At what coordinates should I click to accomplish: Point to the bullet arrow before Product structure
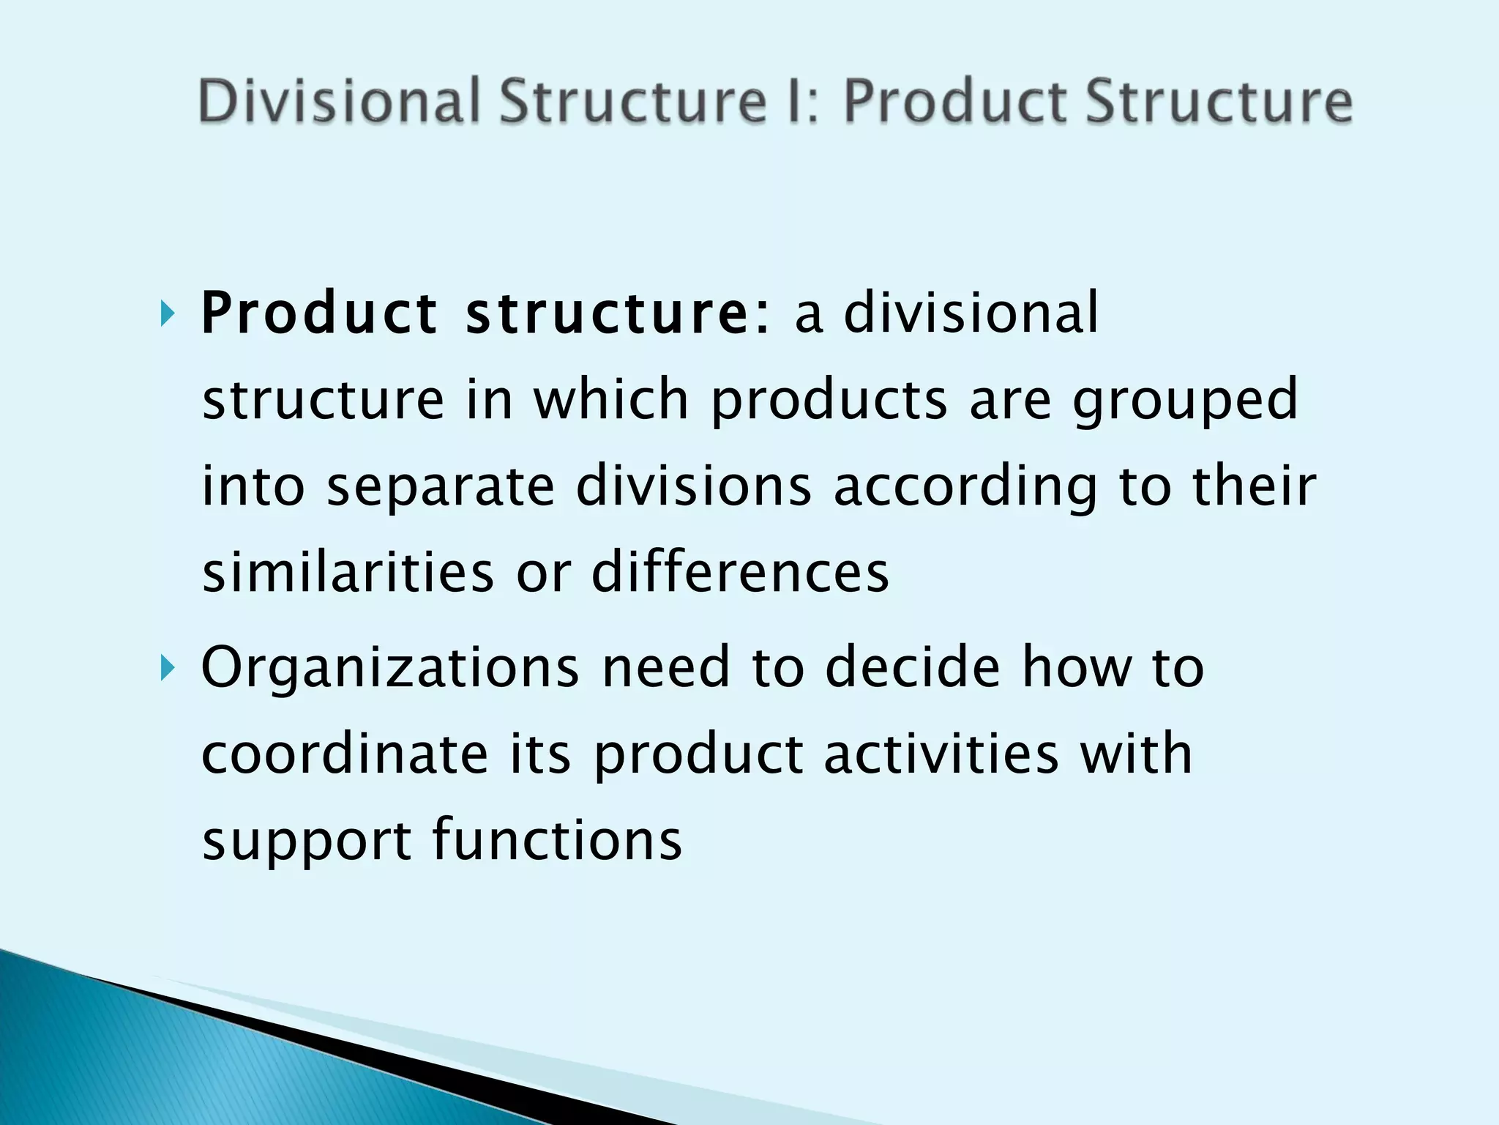[x=168, y=316]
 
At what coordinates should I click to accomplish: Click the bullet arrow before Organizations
[x=168, y=667]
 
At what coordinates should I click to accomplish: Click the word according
[x=965, y=486]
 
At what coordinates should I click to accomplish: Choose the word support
[x=307, y=841]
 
